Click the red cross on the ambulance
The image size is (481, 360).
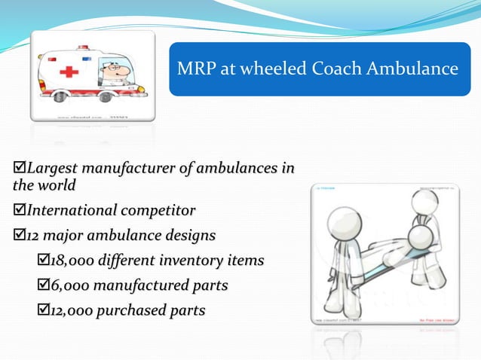click(x=69, y=72)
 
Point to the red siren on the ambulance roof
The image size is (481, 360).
click(x=83, y=47)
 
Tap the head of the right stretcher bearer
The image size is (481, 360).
click(x=425, y=201)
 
